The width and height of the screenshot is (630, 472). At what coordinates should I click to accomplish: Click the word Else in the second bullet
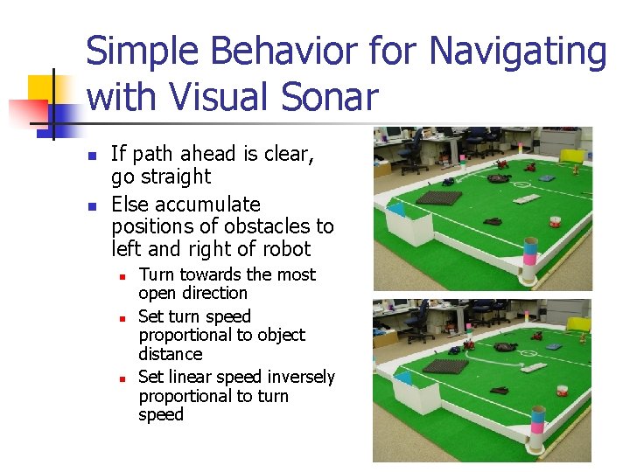131,205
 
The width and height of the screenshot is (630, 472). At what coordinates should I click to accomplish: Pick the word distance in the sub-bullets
170,354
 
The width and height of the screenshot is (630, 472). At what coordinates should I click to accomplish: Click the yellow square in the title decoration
42,87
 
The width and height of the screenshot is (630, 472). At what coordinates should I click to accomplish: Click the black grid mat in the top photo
439,198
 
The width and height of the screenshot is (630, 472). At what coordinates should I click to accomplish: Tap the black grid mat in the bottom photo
445,366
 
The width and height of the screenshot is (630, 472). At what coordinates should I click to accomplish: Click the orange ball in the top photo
553,219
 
